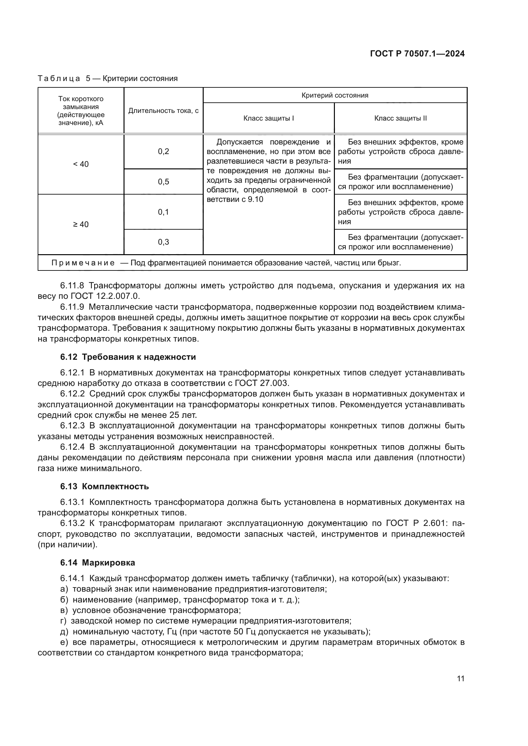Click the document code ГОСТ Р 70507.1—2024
(x=417, y=54)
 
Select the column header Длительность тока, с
(x=163, y=111)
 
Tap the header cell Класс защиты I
(x=268, y=118)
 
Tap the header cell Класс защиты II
(x=400, y=118)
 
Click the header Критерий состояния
(x=335, y=96)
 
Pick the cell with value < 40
(x=81, y=164)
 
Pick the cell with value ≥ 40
(x=81, y=225)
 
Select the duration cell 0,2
(x=163, y=151)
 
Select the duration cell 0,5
(x=163, y=182)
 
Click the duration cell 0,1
(x=163, y=212)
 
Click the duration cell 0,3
(x=163, y=242)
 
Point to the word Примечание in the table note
(x=83, y=263)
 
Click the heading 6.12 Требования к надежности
(x=128, y=357)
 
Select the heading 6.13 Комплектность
(x=104, y=486)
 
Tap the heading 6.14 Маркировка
(x=98, y=562)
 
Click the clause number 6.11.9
(x=72, y=307)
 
